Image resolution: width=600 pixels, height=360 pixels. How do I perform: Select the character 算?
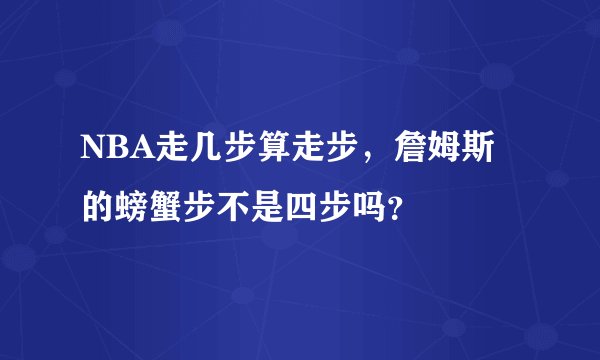[x=264, y=152]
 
